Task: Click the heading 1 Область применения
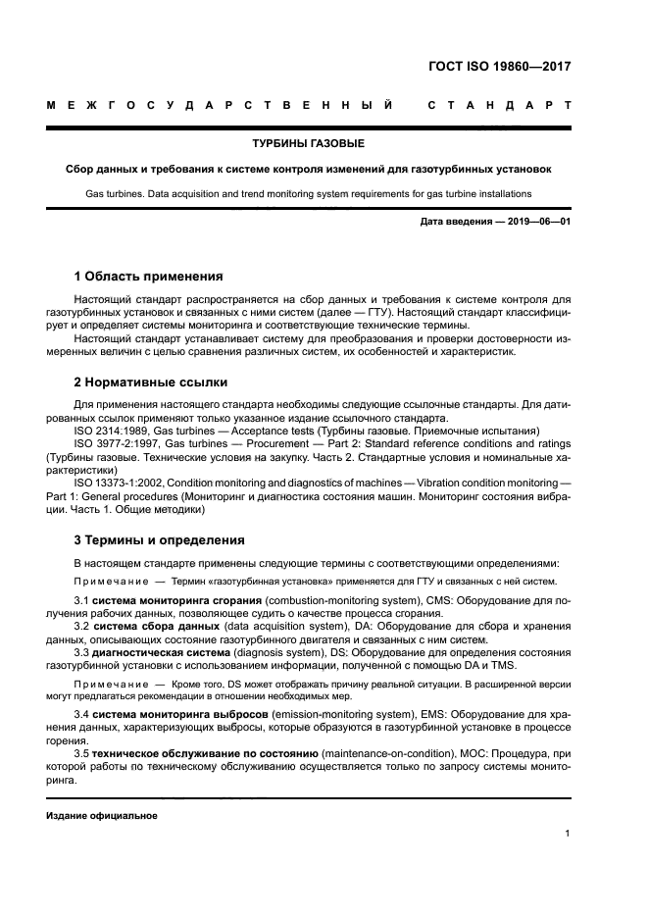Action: [149, 276]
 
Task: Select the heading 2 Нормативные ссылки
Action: [151, 382]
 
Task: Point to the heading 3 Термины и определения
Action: [160, 539]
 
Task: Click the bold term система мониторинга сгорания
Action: [179, 598]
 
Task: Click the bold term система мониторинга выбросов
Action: [179, 714]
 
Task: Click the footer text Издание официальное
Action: [102, 815]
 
